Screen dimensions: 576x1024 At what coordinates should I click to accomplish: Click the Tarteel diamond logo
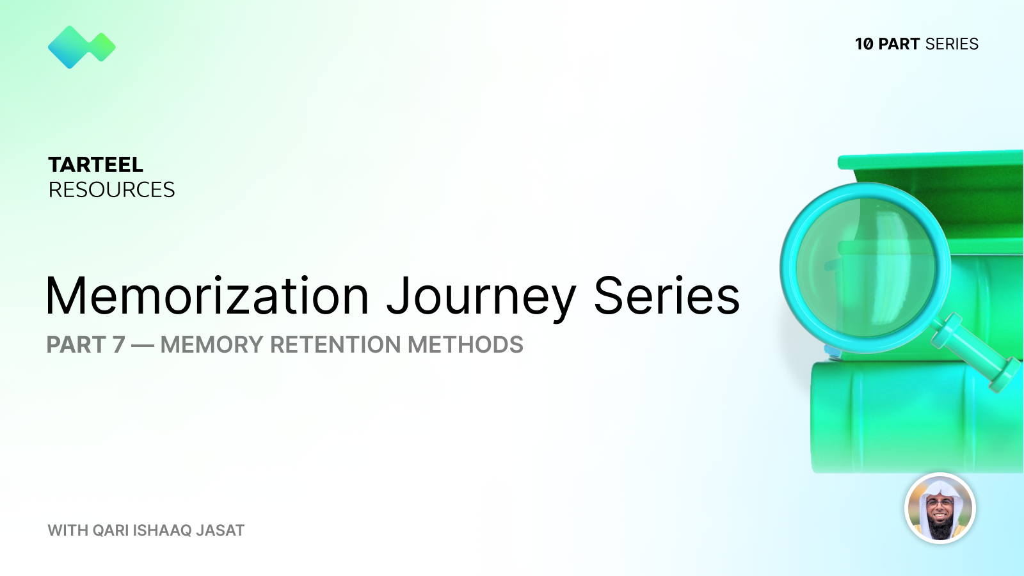pos(81,47)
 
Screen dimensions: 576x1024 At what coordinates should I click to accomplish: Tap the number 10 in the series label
pos(864,44)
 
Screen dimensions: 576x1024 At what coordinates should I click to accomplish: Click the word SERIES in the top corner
pos(952,44)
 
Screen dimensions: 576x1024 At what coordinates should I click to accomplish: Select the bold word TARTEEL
pos(96,165)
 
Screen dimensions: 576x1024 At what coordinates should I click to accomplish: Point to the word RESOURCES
pos(111,190)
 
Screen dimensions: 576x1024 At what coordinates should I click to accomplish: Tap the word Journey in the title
pos(481,297)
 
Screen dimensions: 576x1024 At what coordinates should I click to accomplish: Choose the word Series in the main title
pos(666,296)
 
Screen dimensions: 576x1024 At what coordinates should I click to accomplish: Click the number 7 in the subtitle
pos(119,345)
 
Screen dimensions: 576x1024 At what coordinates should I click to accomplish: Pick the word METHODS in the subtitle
pos(465,345)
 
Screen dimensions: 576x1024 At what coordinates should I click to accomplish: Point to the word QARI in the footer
pos(111,531)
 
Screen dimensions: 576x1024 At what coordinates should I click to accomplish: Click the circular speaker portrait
pos(940,508)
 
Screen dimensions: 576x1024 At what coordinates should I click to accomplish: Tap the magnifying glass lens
pos(865,268)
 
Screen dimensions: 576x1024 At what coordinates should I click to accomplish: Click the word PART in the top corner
pos(899,44)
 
